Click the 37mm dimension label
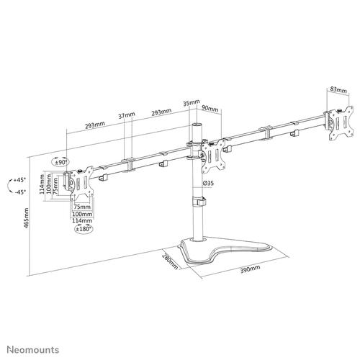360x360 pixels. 127,114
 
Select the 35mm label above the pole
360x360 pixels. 191,104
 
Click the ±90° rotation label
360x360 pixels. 60,163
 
